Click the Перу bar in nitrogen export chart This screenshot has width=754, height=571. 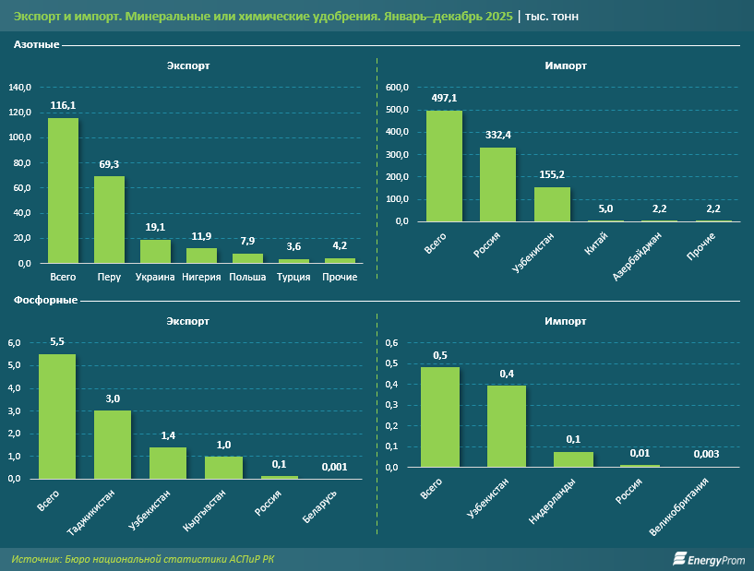point(109,220)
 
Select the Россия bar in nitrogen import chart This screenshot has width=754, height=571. point(497,184)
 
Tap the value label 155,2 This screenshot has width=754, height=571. point(552,174)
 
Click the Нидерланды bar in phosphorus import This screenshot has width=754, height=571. point(573,458)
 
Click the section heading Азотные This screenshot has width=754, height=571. point(37,45)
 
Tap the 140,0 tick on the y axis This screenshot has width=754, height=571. point(19,88)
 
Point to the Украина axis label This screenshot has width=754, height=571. point(155,277)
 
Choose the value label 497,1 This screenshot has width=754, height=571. point(444,97)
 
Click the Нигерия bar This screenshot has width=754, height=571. point(202,256)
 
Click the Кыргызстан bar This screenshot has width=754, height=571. point(223,468)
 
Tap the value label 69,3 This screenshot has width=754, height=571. point(109,163)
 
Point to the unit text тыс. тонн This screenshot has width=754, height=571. point(554,18)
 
